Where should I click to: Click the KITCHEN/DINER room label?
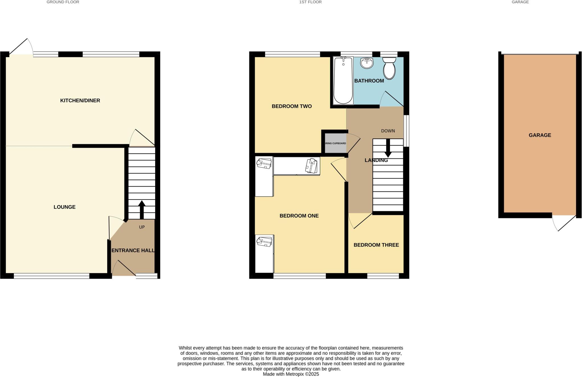coord(80,101)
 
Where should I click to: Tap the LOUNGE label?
coord(65,207)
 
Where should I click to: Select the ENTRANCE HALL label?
coord(133,251)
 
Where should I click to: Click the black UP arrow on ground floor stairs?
coord(141,210)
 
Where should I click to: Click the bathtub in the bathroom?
coord(343,81)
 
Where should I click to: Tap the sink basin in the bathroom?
coord(367,63)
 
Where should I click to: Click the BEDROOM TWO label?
coord(291,106)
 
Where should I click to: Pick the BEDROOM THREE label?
coord(376,245)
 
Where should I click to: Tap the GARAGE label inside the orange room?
coord(540,135)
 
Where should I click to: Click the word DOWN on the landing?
coord(388,131)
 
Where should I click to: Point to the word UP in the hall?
coord(142,227)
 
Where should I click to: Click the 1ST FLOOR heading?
coord(310,2)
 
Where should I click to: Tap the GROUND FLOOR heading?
coord(63,2)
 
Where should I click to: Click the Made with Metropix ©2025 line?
coord(291,374)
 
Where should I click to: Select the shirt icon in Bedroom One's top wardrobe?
coord(311,166)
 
